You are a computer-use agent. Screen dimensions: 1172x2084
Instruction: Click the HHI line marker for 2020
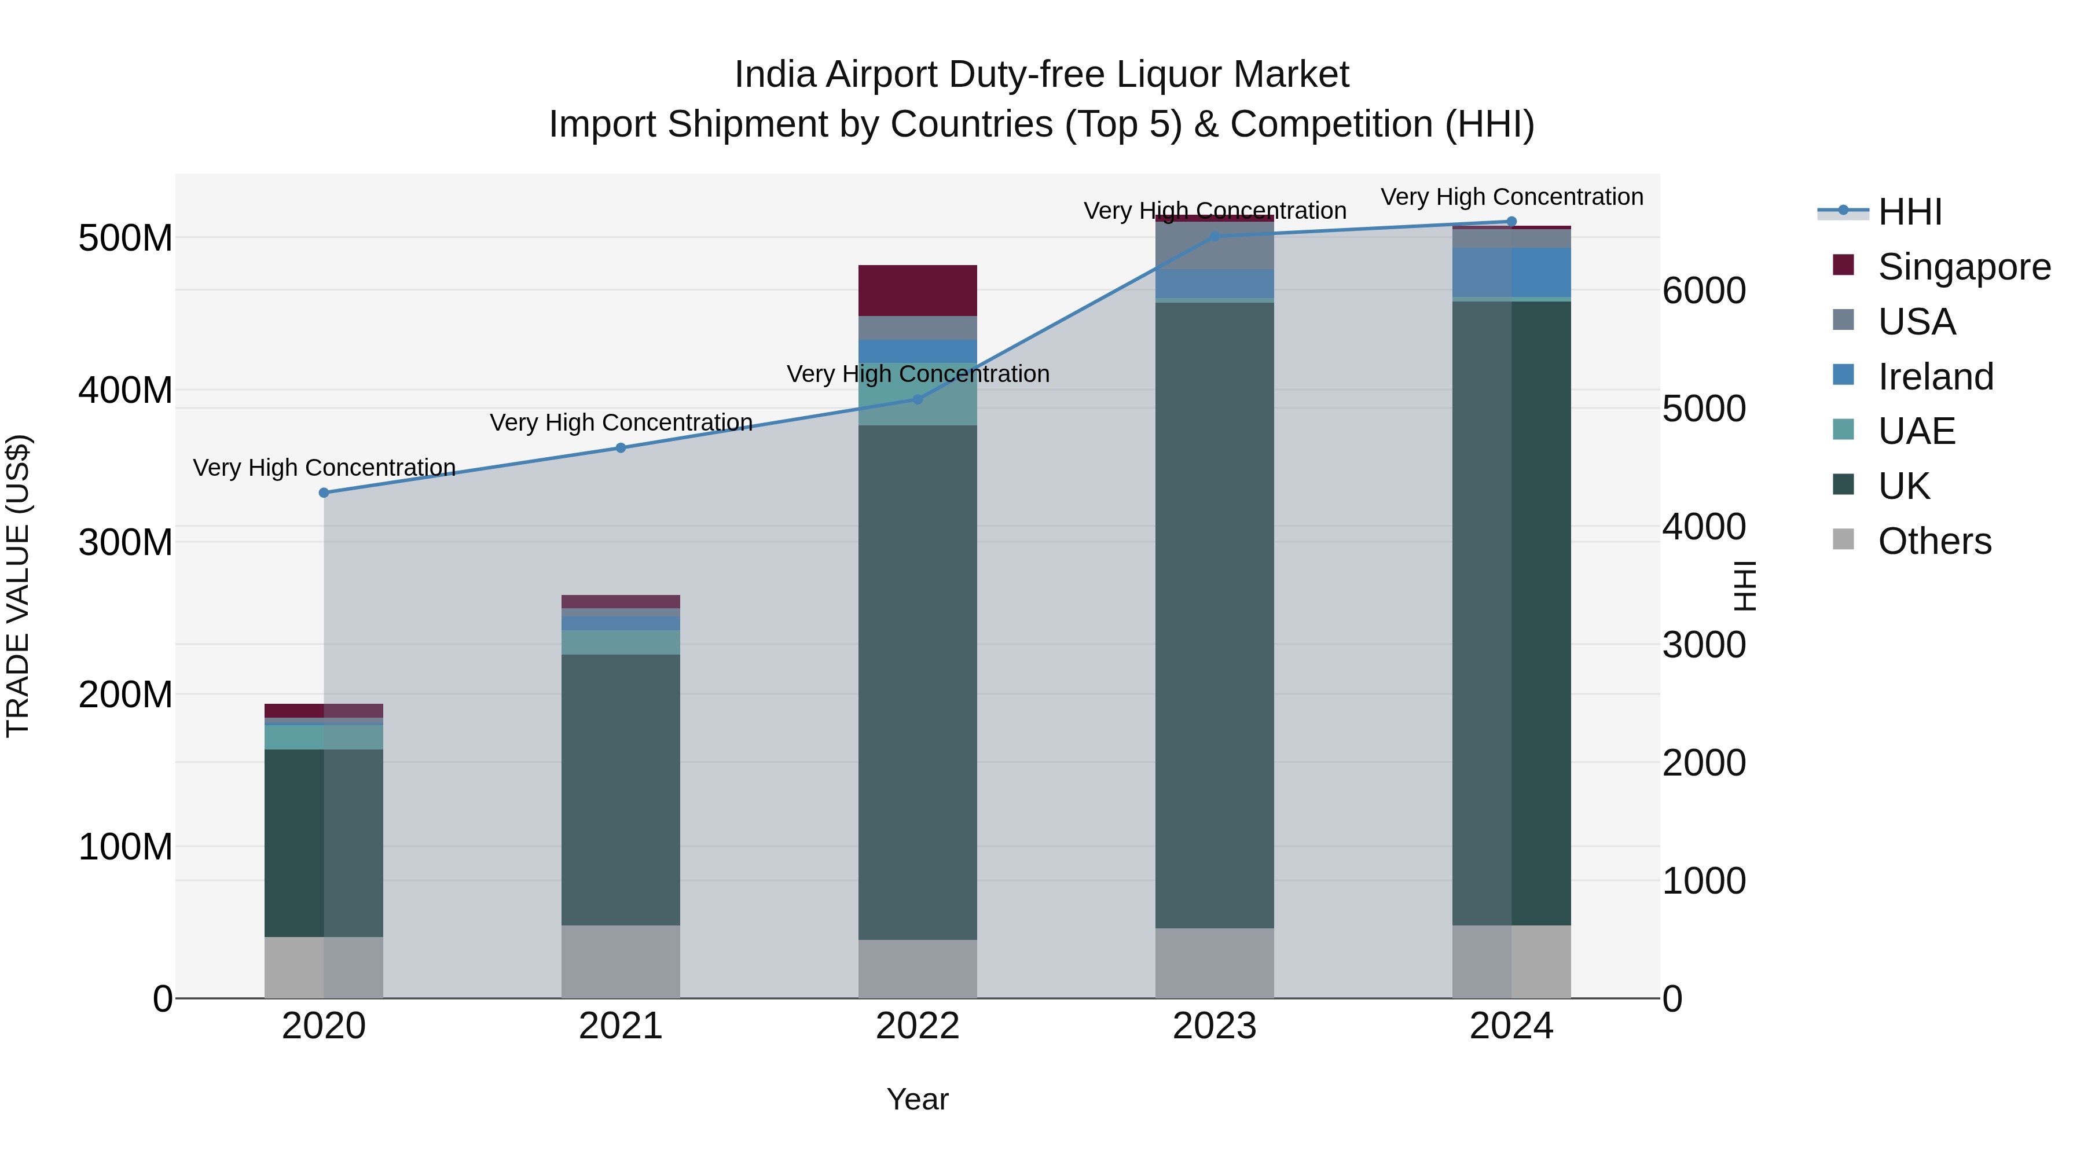click(324, 493)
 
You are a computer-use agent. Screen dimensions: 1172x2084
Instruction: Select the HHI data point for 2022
click(918, 399)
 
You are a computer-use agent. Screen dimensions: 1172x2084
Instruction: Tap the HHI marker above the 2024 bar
click(1511, 222)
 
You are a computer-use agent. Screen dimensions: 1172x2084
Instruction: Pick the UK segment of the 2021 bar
click(621, 789)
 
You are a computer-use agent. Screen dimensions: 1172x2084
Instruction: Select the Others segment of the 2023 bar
click(1215, 962)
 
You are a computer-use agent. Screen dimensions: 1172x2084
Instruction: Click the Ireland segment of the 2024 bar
click(1511, 273)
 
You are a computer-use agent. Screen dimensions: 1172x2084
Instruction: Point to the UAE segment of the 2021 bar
click(621, 642)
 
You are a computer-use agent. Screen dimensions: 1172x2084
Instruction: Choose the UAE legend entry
click(1916, 431)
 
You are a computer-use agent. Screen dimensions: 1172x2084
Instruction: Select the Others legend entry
click(1933, 541)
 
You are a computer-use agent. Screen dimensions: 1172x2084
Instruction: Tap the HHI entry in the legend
click(1909, 212)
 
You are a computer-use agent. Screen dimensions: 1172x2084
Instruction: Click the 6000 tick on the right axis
click(1704, 291)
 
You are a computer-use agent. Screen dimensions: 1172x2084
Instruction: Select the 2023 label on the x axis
click(1215, 1026)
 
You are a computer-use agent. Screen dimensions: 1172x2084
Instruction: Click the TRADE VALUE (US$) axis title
click(19, 586)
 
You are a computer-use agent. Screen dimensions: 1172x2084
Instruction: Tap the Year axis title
click(918, 1099)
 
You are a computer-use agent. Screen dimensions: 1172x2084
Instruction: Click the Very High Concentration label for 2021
click(621, 422)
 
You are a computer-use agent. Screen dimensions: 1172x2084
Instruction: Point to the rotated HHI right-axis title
click(1744, 586)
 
